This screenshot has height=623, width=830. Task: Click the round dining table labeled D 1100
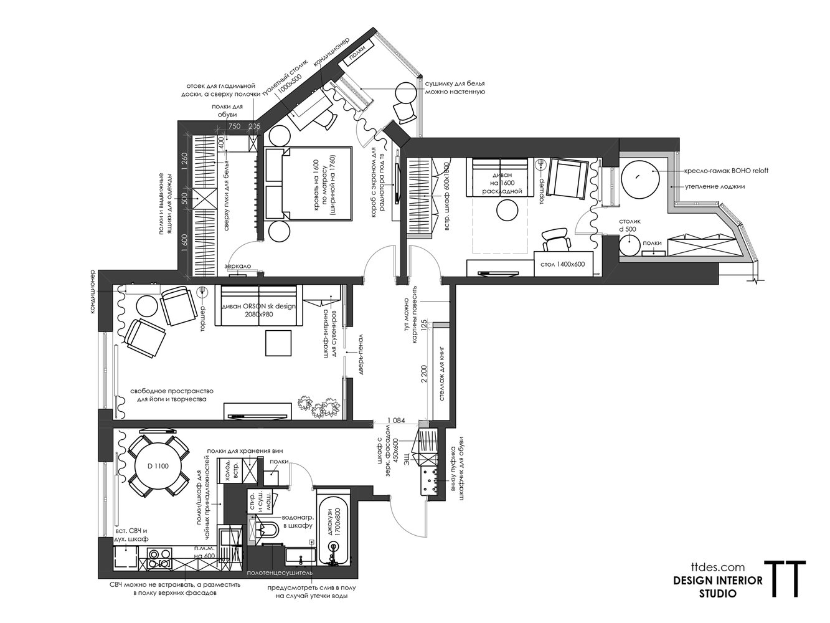pos(158,467)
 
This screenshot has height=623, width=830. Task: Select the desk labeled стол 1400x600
pos(563,264)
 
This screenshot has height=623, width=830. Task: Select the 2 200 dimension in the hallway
pos(423,374)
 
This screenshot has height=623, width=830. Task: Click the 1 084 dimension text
pos(396,421)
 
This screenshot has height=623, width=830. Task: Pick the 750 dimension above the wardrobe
pos(235,126)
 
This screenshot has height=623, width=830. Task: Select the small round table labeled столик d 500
pos(630,244)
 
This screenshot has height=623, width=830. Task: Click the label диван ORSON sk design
pos(259,306)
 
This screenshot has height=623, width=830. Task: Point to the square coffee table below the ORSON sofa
pos(278,343)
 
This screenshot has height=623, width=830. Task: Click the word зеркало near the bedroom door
pos(237,266)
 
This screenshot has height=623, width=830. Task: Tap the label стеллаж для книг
pos(442,374)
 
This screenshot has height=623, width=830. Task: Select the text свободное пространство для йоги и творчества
pos(172,395)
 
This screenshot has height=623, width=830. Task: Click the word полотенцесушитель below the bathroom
pos(279,573)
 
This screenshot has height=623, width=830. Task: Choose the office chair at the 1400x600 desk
pos(557,240)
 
